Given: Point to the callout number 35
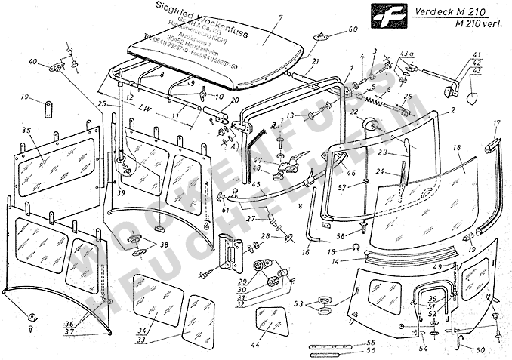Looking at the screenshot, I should pos(26,130).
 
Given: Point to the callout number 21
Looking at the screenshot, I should pos(316,60).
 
